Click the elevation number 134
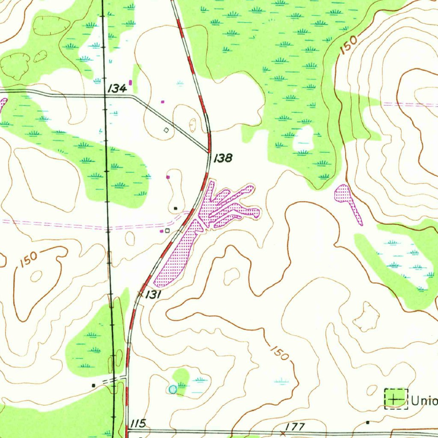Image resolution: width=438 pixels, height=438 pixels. (x=117, y=89)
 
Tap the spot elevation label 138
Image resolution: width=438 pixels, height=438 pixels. (x=223, y=158)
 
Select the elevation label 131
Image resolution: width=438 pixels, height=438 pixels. (x=153, y=295)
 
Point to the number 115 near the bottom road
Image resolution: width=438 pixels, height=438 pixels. (x=139, y=423)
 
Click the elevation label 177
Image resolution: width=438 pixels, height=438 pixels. (x=295, y=426)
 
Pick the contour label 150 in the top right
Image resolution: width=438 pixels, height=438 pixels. (x=349, y=44)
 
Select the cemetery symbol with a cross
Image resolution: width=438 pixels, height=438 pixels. (x=396, y=399)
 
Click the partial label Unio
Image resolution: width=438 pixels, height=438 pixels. (x=424, y=401)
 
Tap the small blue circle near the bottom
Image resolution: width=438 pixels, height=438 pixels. (x=172, y=389)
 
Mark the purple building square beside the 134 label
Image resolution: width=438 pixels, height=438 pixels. (x=130, y=82)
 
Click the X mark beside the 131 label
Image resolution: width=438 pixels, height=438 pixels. (x=140, y=293)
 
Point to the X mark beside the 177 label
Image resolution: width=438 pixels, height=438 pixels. (x=282, y=432)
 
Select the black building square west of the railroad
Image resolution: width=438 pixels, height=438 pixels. (x=94, y=385)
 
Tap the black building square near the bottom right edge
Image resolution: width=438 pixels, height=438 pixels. (x=368, y=423)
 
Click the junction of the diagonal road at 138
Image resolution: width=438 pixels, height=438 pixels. (x=209, y=151)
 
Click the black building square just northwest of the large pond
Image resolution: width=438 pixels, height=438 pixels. (x=176, y=208)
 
